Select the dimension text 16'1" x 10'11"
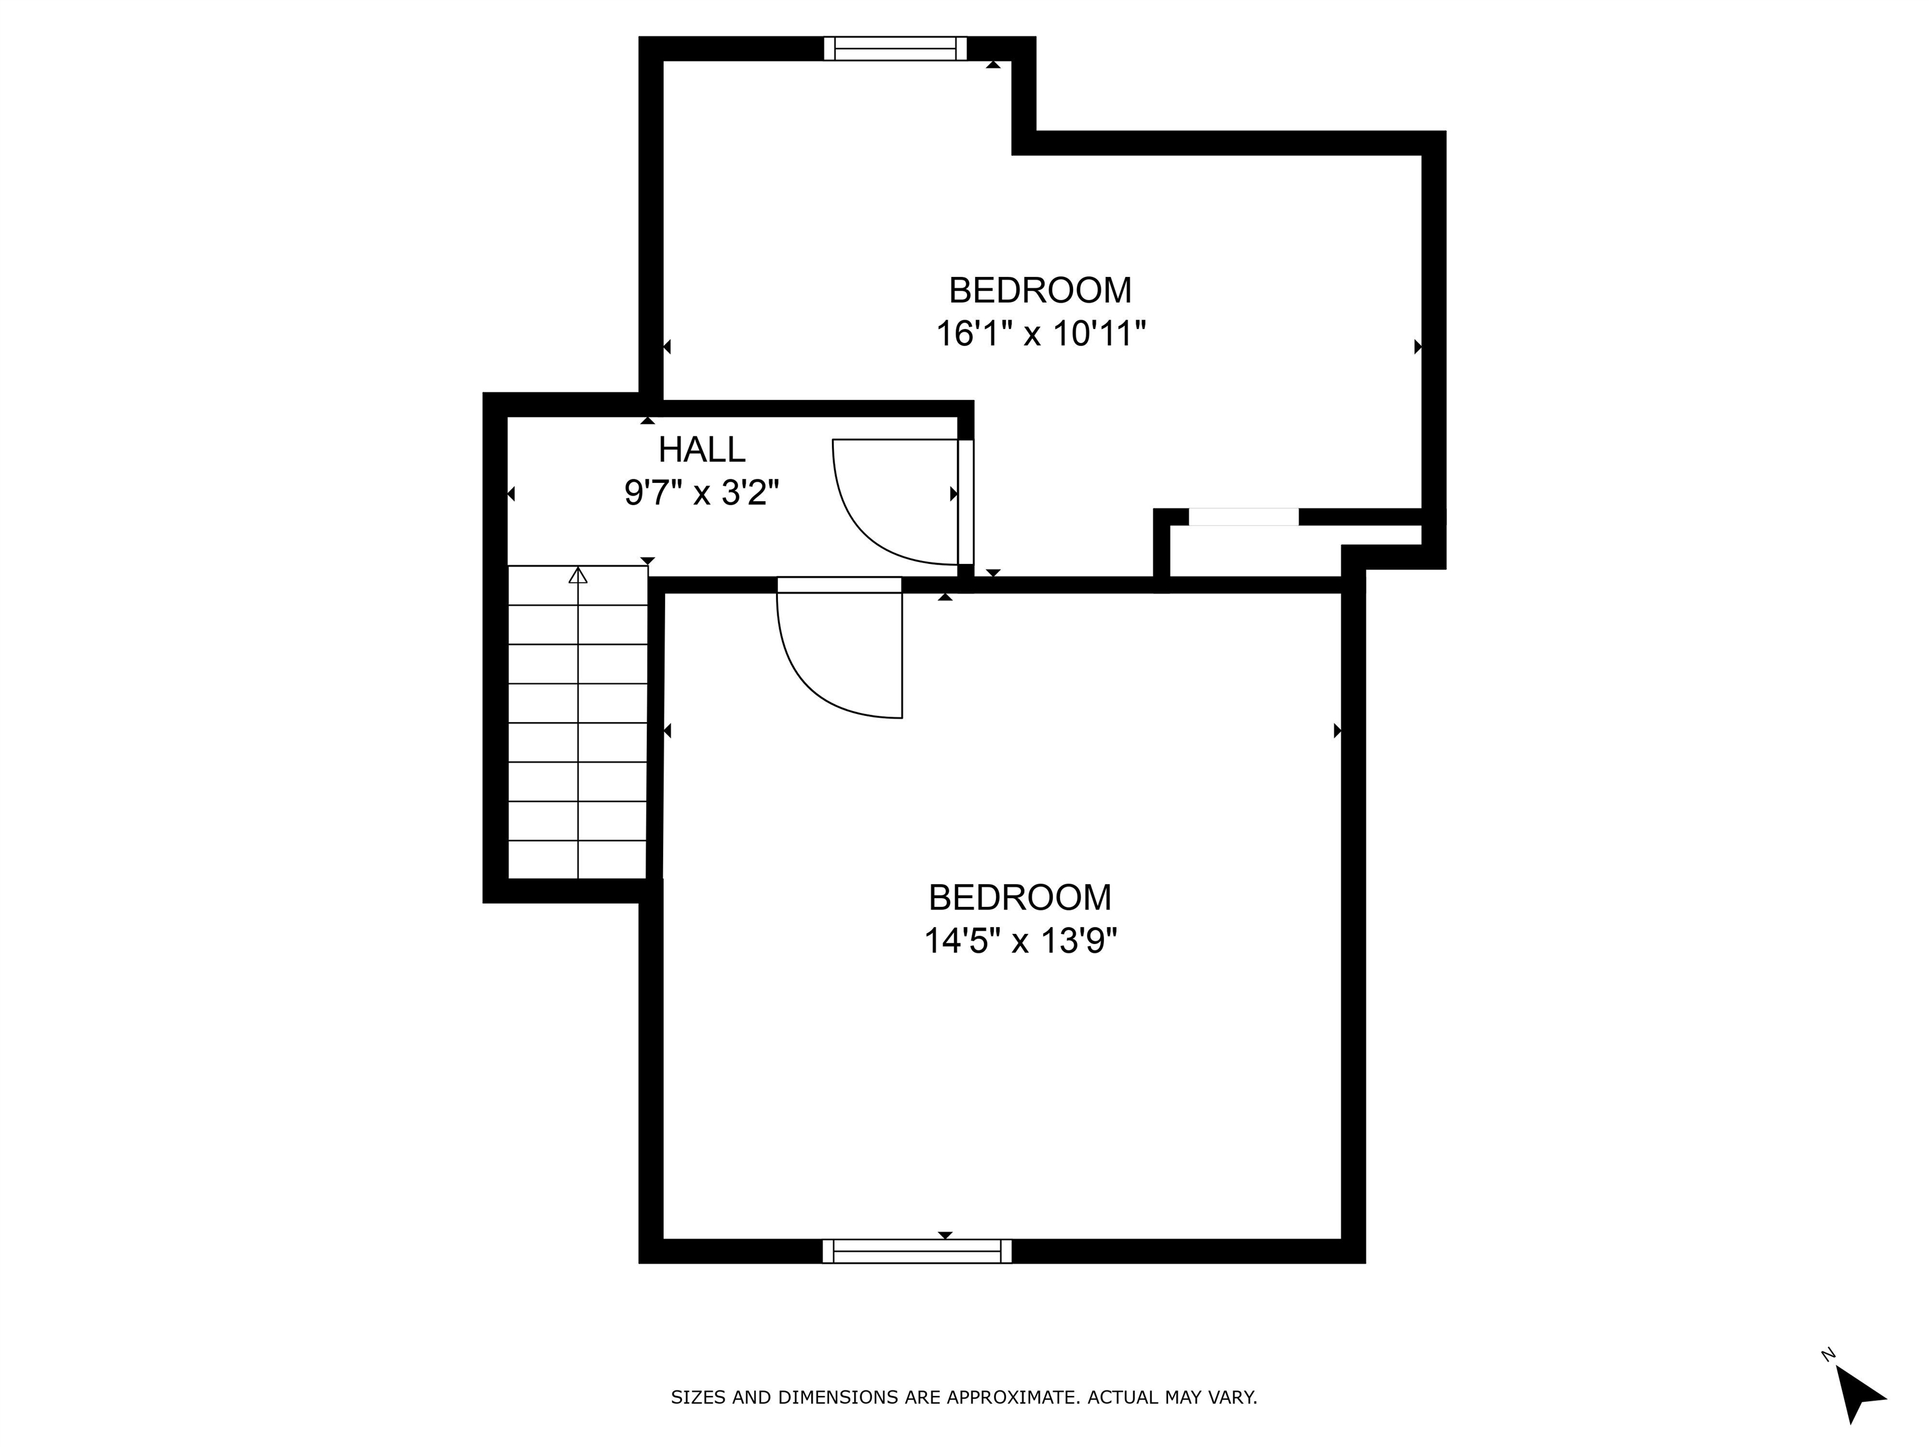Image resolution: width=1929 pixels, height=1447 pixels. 1040,334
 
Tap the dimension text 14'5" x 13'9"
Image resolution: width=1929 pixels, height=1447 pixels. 1020,941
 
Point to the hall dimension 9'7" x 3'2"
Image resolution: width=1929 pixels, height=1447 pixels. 701,494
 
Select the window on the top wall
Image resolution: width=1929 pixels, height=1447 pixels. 895,49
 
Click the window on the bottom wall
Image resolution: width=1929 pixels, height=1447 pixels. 917,1251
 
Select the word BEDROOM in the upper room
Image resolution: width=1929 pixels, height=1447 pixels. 1040,290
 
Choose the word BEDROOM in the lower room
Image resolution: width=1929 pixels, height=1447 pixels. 1020,897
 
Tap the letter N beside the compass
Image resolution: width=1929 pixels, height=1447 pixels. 1829,1355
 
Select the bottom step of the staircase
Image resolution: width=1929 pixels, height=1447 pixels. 577,859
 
